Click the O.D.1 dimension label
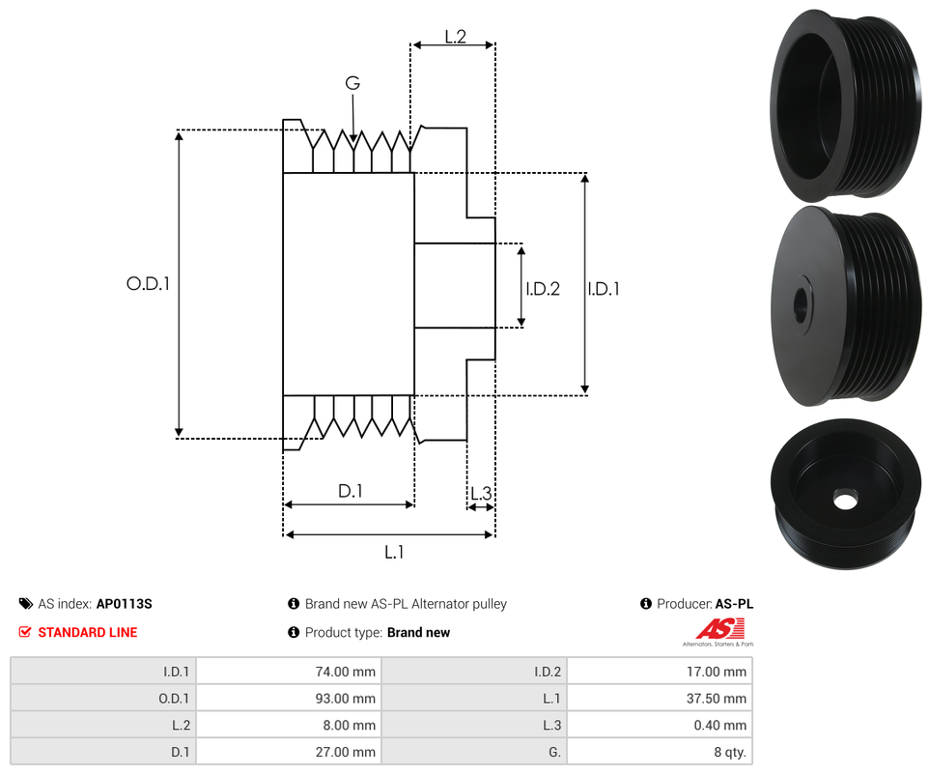click(148, 284)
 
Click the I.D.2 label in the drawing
click(543, 288)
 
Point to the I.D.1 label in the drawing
click(604, 288)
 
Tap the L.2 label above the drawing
click(456, 37)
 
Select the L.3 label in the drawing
click(480, 495)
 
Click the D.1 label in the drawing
click(350, 491)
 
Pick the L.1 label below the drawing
click(394, 552)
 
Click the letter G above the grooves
click(352, 84)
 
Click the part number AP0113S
click(124, 604)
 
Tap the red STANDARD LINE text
click(88, 633)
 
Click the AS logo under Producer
click(718, 630)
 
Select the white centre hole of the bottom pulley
click(845, 502)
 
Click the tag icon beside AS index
click(25, 604)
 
